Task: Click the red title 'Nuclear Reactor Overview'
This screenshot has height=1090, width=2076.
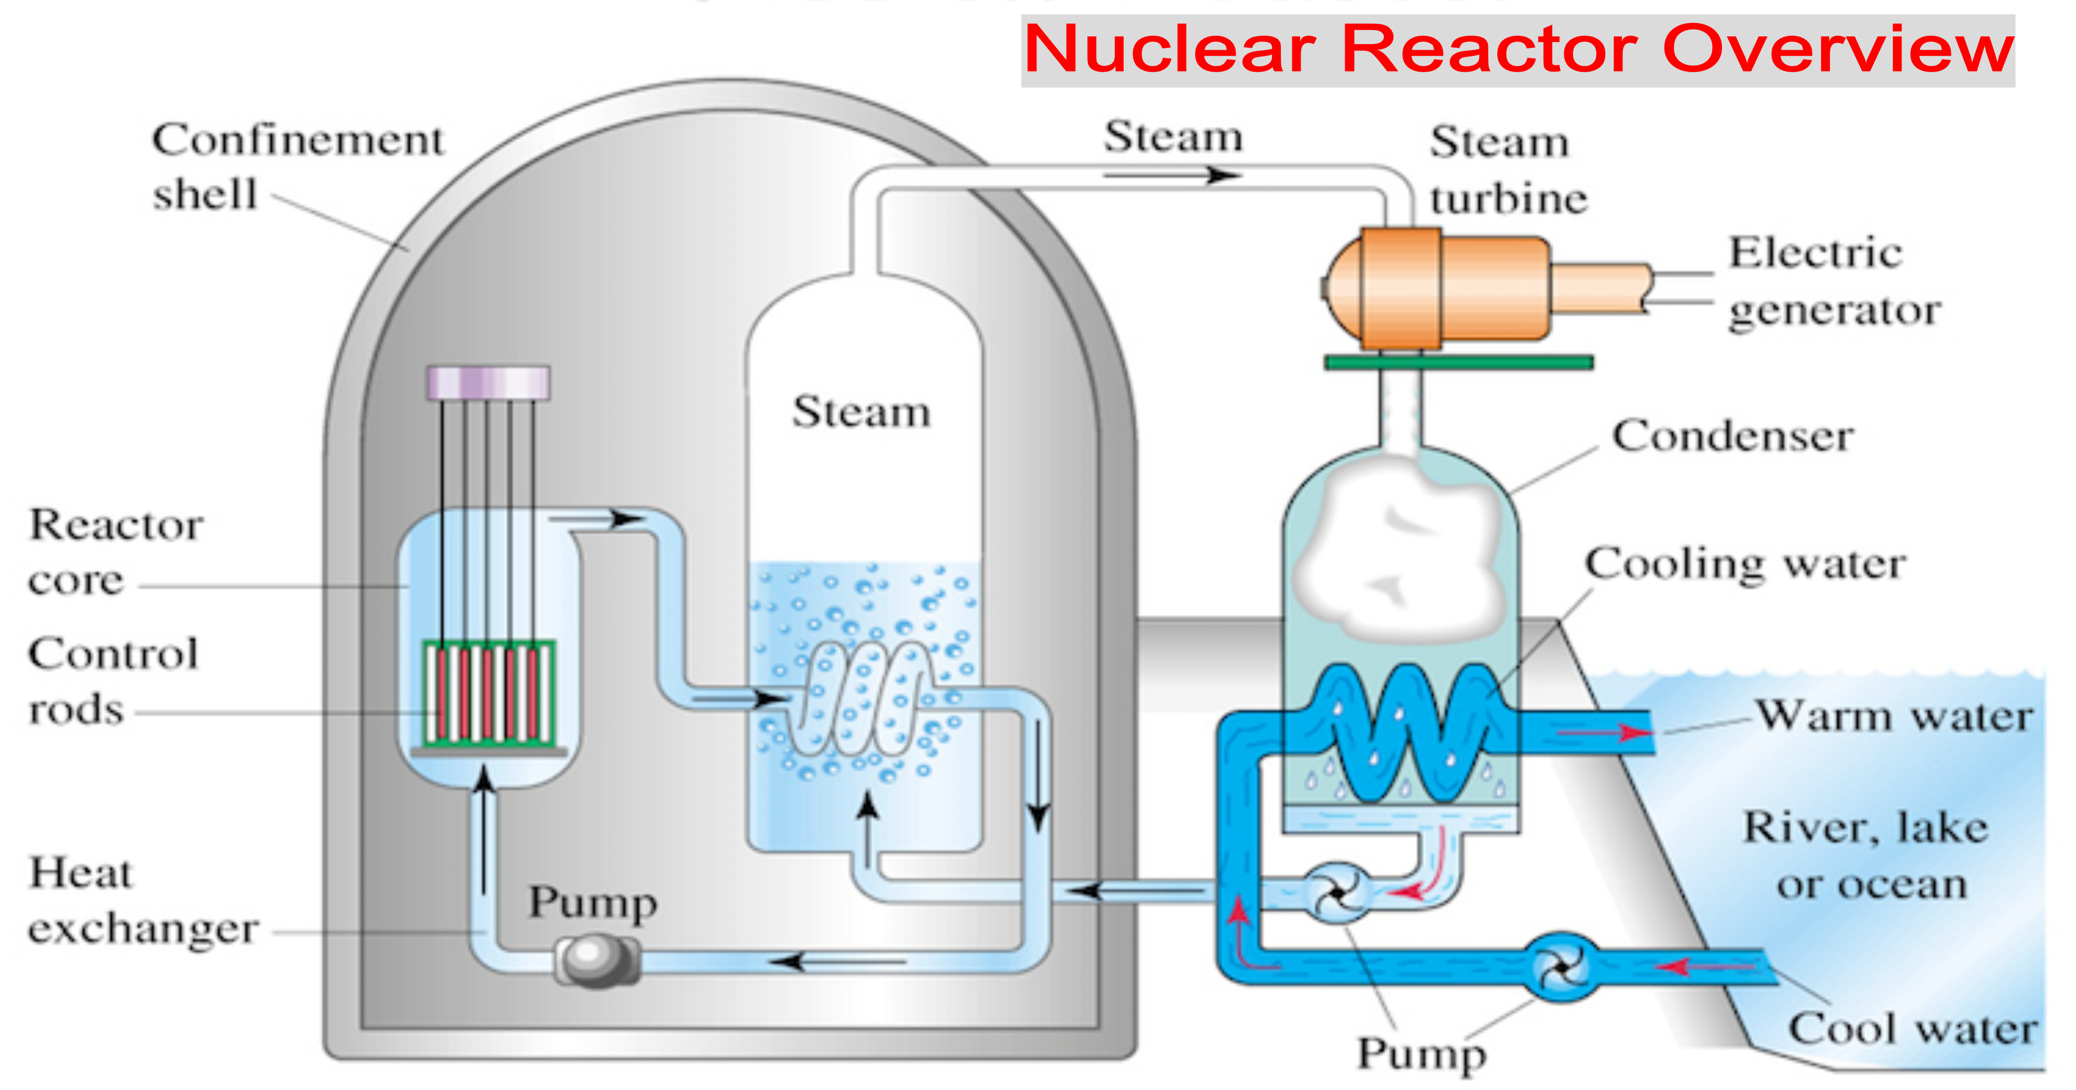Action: coord(1518,50)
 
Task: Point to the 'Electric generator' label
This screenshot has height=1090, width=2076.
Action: coord(1834,281)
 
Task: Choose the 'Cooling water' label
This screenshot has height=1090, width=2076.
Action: coord(1745,564)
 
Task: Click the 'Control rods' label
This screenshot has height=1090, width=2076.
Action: coord(113,681)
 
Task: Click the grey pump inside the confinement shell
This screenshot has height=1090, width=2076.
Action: coord(596,959)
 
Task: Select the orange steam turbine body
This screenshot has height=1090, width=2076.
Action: coord(1439,288)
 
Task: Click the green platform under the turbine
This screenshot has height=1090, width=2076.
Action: coord(1459,363)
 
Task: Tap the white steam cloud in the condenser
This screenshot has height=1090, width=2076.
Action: coord(1398,552)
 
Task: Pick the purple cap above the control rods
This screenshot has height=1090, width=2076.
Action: coord(488,382)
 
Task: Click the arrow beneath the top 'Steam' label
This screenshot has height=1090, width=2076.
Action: coord(1172,175)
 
